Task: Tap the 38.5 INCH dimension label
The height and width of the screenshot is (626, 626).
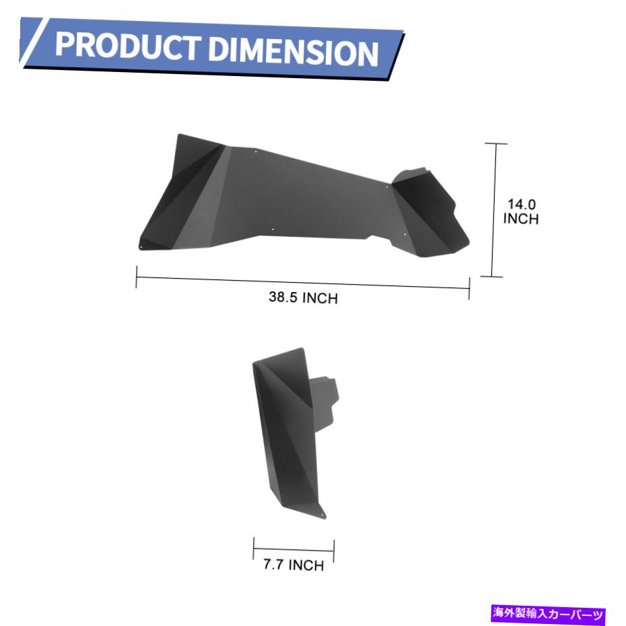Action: (303, 298)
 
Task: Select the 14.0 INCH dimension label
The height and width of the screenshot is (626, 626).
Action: (521, 211)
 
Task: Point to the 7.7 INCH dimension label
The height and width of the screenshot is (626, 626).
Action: (293, 565)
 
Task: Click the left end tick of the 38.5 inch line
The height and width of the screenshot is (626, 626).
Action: (137, 277)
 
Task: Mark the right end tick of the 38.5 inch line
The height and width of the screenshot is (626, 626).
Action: (470, 288)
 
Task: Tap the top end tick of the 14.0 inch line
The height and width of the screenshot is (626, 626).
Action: (496, 143)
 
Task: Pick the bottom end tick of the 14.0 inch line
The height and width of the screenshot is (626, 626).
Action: (491, 276)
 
